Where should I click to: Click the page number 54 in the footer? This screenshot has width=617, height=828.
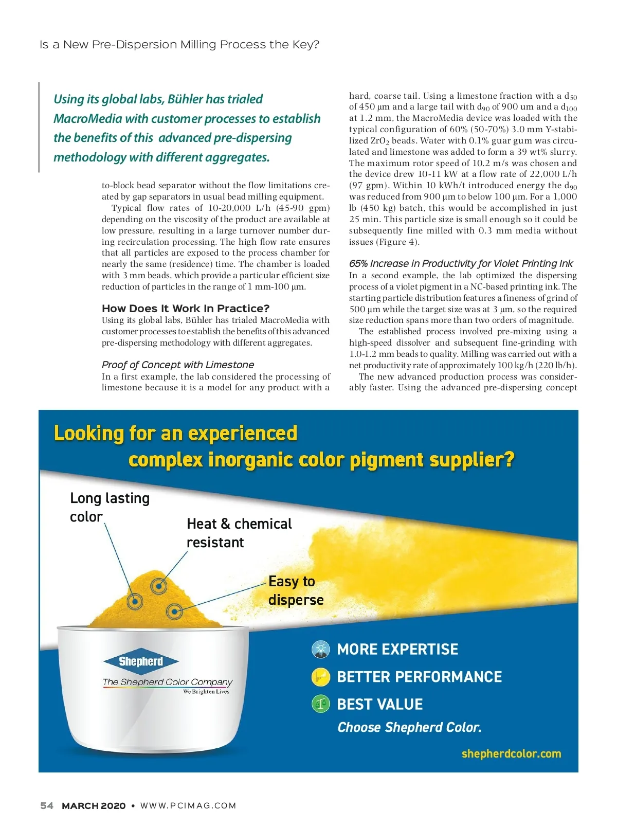[x=46, y=805]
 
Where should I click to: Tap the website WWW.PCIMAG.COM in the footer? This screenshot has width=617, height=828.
[x=188, y=805]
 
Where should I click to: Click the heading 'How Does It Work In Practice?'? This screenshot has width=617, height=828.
[x=186, y=309]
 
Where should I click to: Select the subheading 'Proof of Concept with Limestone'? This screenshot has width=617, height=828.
[x=178, y=365]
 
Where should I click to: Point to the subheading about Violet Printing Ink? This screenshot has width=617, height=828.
[x=461, y=263]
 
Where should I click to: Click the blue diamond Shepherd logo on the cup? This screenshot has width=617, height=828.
[x=141, y=661]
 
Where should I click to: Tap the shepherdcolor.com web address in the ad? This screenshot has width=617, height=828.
[x=511, y=753]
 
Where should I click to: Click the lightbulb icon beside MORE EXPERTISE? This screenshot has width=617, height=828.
[x=321, y=649]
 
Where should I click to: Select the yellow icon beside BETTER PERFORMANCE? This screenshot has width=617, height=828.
[x=321, y=677]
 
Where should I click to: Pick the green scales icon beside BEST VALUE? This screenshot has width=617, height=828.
[x=321, y=704]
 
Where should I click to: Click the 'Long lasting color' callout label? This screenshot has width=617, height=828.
[x=110, y=507]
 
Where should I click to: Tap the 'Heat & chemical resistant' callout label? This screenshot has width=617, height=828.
[x=239, y=533]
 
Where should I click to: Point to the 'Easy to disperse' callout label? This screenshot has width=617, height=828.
[x=296, y=590]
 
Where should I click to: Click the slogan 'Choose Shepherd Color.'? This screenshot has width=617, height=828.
[x=409, y=727]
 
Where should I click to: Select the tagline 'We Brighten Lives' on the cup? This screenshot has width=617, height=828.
[x=206, y=692]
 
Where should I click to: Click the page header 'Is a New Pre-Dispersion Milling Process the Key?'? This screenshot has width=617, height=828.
[x=179, y=45]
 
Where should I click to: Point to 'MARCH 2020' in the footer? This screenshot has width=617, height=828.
[x=94, y=805]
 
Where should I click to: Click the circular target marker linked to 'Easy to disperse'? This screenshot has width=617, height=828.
[x=175, y=611]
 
